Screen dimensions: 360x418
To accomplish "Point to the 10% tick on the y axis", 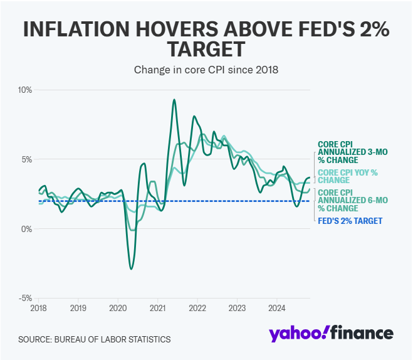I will pyautogui.click(x=24, y=90).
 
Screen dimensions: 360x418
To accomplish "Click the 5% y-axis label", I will pyautogui.click(x=26, y=159).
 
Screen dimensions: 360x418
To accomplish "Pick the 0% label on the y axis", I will pyautogui.click(x=26, y=229).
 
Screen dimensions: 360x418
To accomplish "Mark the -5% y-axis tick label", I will pyautogui.click(x=24, y=299).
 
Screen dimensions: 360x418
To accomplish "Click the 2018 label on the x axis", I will pyautogui.click(x=39, y=309).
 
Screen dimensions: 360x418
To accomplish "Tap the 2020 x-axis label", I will pyautogui.click(x=118, y=309).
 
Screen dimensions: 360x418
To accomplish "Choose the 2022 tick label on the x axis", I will pyautogui.click(x=197, y=309).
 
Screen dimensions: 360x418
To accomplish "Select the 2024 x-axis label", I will pyautogui.click(x=277, y=309).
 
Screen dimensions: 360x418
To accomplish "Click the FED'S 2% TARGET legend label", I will pyautogui.click(x=350, y=221).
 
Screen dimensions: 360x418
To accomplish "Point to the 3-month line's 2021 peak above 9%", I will pyautogui.click(x=174, y=100).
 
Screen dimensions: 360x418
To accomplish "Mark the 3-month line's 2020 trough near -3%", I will pyautogui.click(x=131, y=269).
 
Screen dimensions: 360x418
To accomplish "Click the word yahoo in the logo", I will pyautogui.click(x=297, y=334).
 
